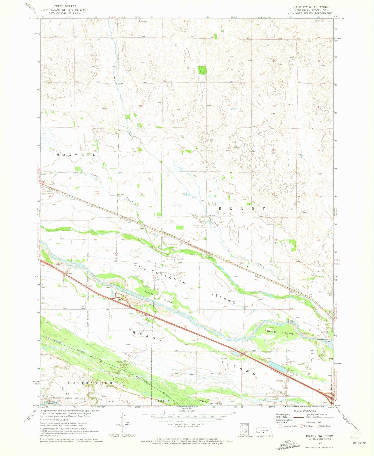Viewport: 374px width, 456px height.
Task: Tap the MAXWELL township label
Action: tap(76, 155)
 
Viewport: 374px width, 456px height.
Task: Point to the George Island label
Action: tap(280, 332)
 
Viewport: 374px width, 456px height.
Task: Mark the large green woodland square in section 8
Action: tap(202, 70)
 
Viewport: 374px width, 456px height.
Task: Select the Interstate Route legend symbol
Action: tap(281, 426)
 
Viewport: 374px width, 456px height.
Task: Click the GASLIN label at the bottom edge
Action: tap(162, 401)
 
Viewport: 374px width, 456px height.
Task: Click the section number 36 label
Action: tap(95, 240)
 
